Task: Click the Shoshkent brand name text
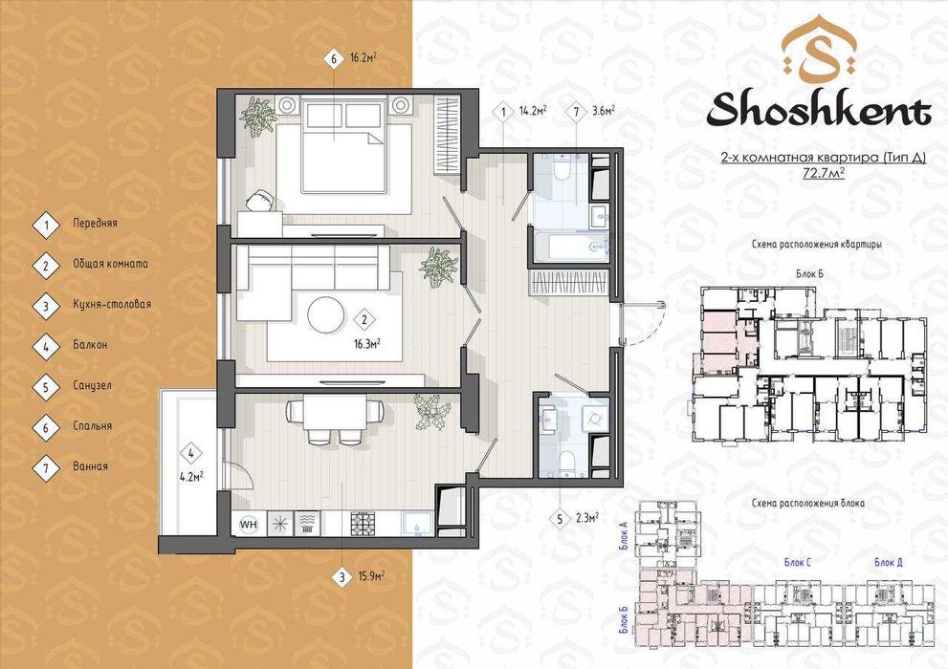818,111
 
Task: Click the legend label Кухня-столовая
111,305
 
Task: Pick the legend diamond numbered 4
45,345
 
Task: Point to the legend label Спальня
92,426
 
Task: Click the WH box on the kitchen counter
248,523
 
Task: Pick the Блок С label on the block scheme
796,562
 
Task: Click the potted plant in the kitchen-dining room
432,412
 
